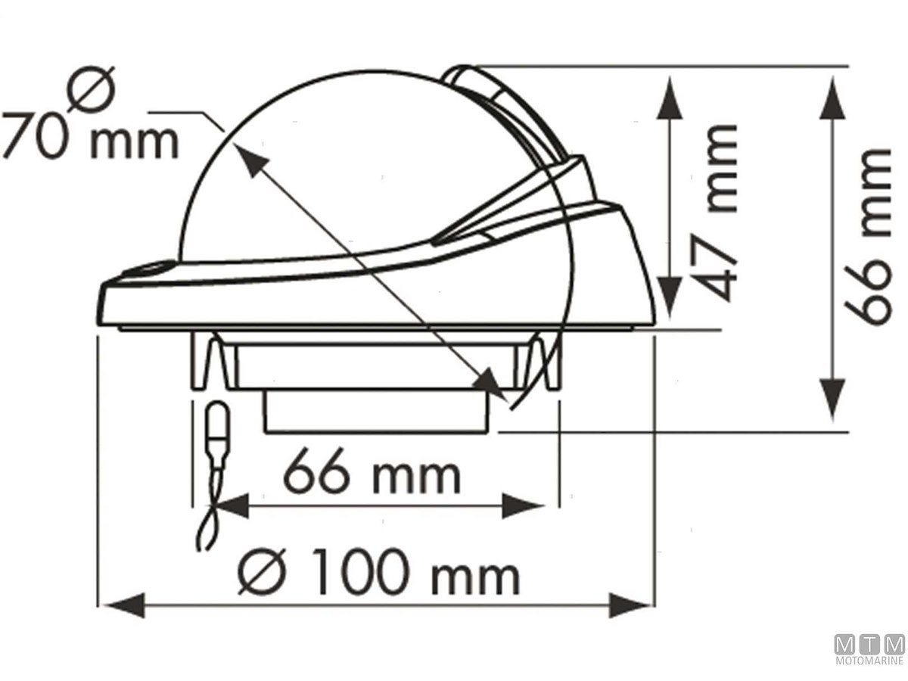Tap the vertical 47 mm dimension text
click(714, 213)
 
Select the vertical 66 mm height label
click(867, 238)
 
